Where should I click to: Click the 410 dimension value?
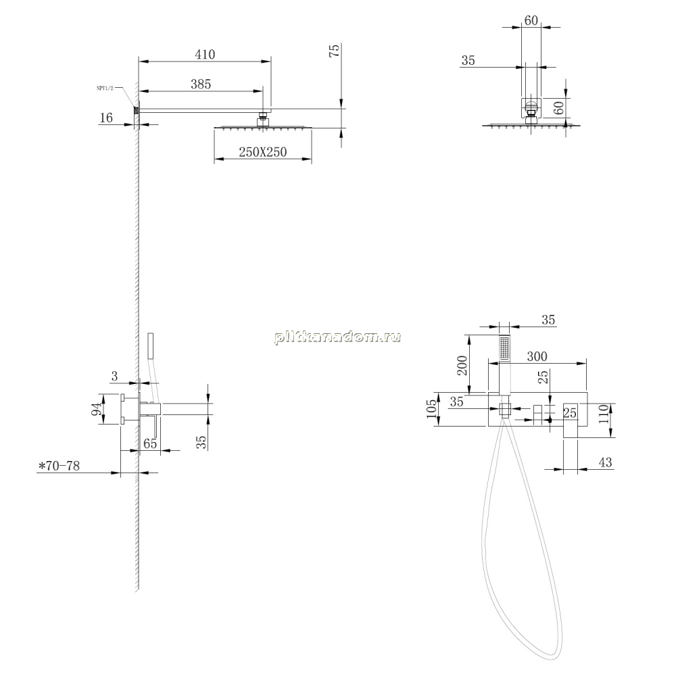coord(205,54)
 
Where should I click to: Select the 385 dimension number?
coord(201,84)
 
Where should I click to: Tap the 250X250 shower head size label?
coord(263,151)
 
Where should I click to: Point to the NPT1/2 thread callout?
coord(105,88)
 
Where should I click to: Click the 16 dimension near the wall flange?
coord(106,118)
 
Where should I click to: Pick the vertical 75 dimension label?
coord(334,51)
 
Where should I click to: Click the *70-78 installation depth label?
coord(59,466)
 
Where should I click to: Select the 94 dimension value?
coord(99,409)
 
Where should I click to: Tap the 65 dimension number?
coord(150,443)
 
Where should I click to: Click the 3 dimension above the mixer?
coord(114,377)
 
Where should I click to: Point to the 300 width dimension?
coord(537,356)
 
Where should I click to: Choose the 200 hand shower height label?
coord(462,365)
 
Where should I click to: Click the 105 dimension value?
coord(431,409)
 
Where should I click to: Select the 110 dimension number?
coord(603,414)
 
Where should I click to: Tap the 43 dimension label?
coord(605,462)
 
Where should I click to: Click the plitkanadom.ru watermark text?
coord(337,337)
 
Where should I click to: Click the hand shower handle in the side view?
coord(150,345)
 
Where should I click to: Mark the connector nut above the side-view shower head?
coord(262,118)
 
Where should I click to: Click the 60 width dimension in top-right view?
coord(531,20)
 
